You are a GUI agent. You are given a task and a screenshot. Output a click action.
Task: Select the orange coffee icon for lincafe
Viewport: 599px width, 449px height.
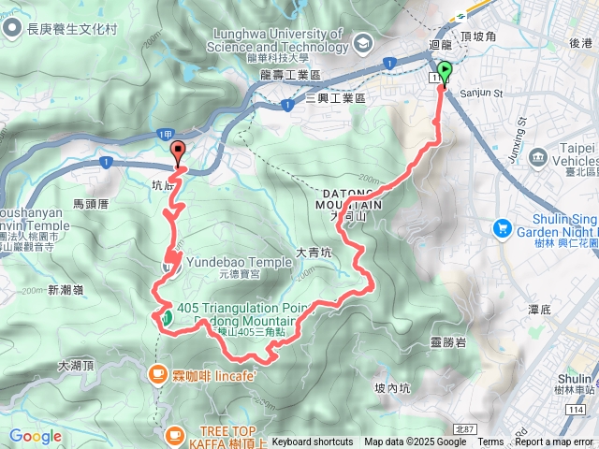pyautogui.click(x=156, y=375)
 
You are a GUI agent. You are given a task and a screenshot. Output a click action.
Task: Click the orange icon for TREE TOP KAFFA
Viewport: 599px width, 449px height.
pyautogui.click(x=174, y=434)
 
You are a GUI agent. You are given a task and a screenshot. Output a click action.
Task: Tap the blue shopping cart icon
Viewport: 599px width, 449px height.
pyautogui.click(x=502, y=227)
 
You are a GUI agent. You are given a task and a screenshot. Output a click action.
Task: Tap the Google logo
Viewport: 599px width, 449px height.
pyautogui.click(x=36, y=436)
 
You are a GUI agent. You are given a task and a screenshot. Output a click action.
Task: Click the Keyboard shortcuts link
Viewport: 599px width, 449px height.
pyautogui.click(x=313, y=442)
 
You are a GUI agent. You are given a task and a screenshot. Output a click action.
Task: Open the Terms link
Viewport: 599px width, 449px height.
pyautogui.click(x=490, y=442)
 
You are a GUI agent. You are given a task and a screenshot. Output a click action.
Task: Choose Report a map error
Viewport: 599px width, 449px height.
pyautogui.click(x=554, y=442)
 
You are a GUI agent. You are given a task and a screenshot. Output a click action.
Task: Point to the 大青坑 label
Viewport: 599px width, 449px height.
pyautogui.click(x=314, y=251)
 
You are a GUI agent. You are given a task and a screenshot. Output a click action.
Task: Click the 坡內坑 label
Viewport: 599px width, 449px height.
pyautogui.click(x=392, y=387)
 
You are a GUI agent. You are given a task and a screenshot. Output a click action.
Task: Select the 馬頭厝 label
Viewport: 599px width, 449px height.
pyautogui.click(x=91, y=203)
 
